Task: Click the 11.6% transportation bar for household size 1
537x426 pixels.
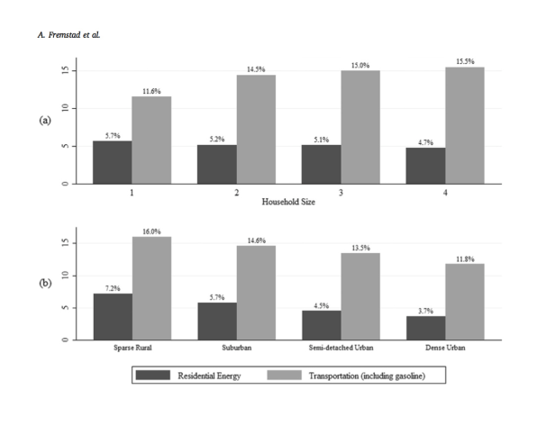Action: point(151,140)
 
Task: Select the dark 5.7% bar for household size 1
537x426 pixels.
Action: point(113,162)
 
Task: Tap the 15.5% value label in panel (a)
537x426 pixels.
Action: point(465,61)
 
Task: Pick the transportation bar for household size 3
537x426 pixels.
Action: point(360,127)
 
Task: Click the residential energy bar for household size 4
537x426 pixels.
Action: point(425,166)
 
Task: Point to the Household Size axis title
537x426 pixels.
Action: point(288,202)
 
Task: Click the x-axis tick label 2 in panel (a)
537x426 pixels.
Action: point(236,193)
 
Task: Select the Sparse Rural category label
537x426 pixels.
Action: point(132,348)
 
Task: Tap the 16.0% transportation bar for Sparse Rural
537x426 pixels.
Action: point(151,288)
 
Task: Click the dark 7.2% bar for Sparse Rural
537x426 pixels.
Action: point(113,317)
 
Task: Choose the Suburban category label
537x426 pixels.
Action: point(237,348)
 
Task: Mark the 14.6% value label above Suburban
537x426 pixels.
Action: point(257,240)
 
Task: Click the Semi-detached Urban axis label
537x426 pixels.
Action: point(341,348)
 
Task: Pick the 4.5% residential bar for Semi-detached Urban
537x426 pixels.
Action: point(322,325)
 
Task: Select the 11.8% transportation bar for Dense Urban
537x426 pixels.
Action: point(465,302)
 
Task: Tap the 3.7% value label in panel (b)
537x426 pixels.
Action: point(425,312)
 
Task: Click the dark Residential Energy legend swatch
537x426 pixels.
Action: point(153,375)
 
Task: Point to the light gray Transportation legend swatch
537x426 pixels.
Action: point(284,375)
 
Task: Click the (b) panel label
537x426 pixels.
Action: point(45,283)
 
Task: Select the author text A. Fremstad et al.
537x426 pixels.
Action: point(68,35)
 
